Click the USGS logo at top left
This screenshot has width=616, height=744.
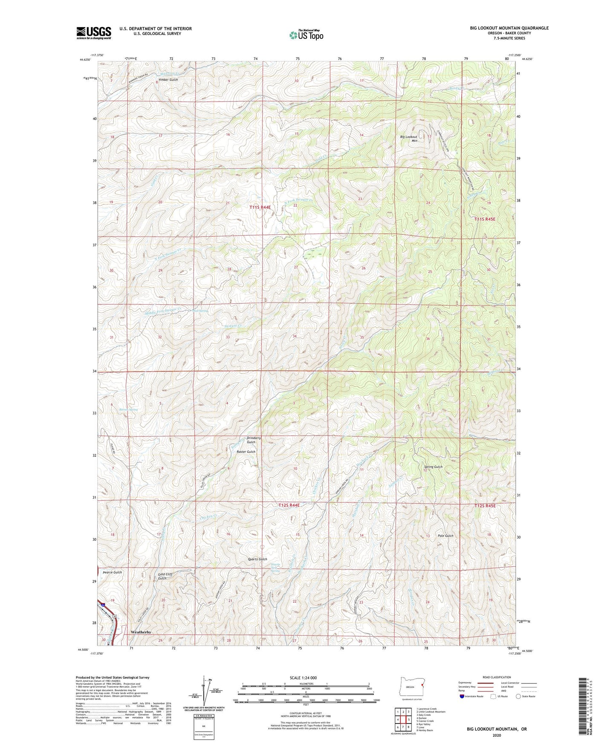(x=94, y=33)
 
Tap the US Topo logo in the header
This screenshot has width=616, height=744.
(x=306, y=35)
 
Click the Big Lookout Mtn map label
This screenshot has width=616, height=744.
(x=409, y=138)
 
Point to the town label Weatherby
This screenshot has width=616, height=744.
(x=141, y=632)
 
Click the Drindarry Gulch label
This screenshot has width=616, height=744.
(x=254, y=440)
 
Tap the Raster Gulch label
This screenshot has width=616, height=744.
(x=246, y=452)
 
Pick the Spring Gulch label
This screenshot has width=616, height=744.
(x=433, y=467)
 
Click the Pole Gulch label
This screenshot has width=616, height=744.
(x=445, y=536)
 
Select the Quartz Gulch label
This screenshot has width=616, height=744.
(x=257, y=559)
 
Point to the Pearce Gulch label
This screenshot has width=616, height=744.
(x=113, y=572)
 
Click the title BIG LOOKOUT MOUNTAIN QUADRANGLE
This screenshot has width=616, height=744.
(x=509, y=28)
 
